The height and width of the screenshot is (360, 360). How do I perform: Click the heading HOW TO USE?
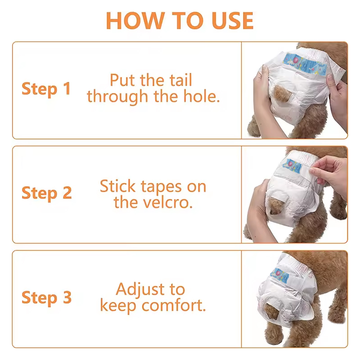pos(180,20)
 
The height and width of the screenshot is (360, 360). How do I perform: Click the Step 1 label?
pos(46,89)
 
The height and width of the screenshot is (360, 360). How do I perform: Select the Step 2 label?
pos(46,193)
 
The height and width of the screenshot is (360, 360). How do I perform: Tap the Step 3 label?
pos(46,297)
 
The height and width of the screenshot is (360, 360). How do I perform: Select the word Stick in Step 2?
pos(118,186)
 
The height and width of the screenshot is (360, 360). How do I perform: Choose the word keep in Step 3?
pos(119,306)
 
